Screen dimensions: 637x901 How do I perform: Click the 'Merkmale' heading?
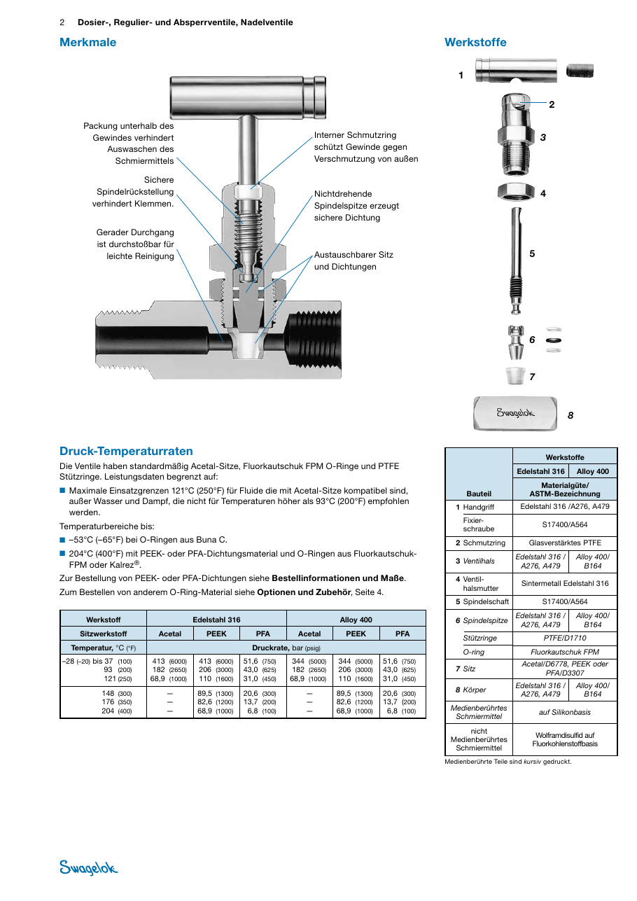(x=87, y=42)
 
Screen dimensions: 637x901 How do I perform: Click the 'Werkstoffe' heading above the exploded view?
(x=475, y=42)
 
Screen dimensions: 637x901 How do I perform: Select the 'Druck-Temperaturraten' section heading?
(x=126, y=451)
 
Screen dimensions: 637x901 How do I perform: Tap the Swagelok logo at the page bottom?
(x=88, y=867)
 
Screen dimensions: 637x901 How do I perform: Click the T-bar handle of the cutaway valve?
(x=248, y=97)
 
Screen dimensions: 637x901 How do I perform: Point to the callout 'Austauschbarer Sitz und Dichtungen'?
(x=353, y=260)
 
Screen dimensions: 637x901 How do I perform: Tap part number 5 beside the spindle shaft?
(x=532, y=254)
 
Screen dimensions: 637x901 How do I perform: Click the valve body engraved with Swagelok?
(x=516, y=414)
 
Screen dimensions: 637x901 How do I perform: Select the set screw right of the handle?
(x=580, y=71)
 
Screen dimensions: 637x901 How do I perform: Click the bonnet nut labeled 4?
(x=516, y=192)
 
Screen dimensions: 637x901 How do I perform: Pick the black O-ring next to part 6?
(x=554, y=340)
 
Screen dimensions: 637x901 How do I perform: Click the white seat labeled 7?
(x=516, y=375)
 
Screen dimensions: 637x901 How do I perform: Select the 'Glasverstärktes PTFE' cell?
(x=565, y=543)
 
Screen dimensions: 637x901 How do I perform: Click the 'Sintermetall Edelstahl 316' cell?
(x=565, y=584)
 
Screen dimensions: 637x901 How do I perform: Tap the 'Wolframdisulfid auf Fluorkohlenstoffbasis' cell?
(x=565, y=739)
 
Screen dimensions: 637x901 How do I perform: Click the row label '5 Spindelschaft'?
(x=482, y=602)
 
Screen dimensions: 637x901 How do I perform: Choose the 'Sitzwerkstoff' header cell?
(x=104, y=634)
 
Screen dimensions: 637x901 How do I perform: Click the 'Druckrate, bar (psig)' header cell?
(x=286, y=648)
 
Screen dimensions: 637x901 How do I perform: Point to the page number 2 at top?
(x=62, y=22)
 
